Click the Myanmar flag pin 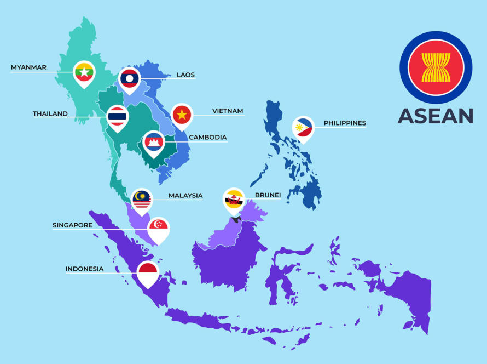tap(84, 72)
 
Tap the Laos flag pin tap(130, 78)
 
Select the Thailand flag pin tap(118, 116)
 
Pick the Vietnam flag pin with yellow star tap(182, 115)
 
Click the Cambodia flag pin tap(154, 142)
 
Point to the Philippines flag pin tap(303, 128)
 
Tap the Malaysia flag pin tap(142, 200)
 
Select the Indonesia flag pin tap(148, 272)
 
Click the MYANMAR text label tap(28, 67)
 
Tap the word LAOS tap(185, 75)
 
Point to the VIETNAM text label tap(228, 111)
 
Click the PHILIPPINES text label tap(345, 123)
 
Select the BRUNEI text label tap(268, 195)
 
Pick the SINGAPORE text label tap(72, 225)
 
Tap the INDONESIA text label tap(84, 269)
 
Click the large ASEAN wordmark tap(436, 116)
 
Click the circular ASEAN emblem tap(436, 67)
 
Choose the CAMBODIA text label tap(207, 138)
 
